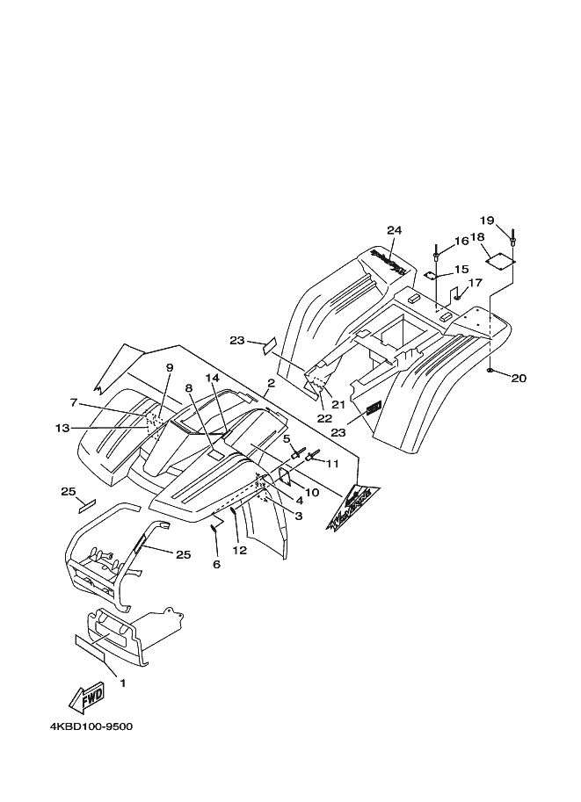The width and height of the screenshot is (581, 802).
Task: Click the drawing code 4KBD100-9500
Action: click(92, 728)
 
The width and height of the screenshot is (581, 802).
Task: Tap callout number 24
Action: click(393, 230)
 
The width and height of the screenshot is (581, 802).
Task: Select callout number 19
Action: click(487, 220)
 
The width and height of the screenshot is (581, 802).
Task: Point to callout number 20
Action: click(519, 379)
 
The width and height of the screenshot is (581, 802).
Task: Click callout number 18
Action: click(477, 238)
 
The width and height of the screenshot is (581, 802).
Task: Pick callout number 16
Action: click(461, 242)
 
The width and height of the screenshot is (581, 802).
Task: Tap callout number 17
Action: click(475, 283)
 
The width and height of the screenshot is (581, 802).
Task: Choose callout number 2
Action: click(271, 384)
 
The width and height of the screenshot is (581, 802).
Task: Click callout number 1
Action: click(122, 683)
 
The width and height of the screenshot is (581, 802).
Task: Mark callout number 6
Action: click(216, 564)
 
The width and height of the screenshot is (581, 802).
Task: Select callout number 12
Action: click(239, 551)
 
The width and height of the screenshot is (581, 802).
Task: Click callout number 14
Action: click(211, 378)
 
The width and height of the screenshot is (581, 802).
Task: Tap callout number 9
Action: click(169, 367)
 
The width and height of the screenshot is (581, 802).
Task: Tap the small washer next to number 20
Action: click(489, 372)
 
